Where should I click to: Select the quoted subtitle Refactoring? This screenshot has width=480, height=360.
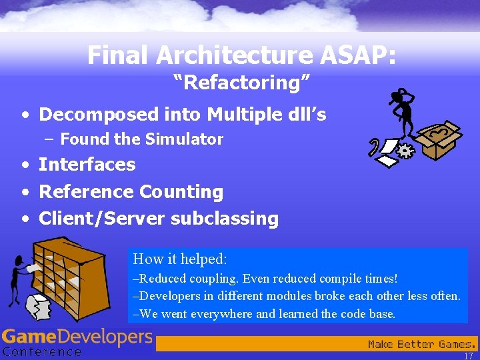tap(241, 83)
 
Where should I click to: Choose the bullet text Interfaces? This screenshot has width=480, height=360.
tap(87, 165)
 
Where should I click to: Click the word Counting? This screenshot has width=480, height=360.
tap(181, 192)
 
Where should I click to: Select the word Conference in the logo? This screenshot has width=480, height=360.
tap(41, 351)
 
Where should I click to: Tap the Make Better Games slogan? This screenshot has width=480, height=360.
tap(422, 345)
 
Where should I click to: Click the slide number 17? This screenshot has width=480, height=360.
tap(468, 356)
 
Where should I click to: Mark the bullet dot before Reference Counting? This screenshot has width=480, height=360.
tap(25, 193)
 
